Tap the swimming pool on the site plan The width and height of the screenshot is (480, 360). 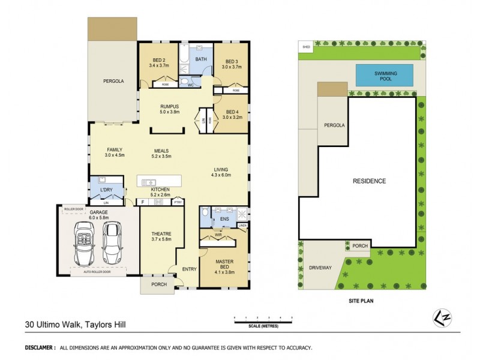386,76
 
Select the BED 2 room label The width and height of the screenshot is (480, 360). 158,61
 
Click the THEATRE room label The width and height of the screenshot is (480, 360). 161,233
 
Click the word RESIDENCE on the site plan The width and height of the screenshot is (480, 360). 369,181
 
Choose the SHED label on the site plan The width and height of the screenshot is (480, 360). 306,46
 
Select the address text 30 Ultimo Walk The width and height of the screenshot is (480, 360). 51,326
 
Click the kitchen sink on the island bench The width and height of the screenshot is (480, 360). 149,182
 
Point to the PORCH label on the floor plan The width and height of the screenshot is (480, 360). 158,284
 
